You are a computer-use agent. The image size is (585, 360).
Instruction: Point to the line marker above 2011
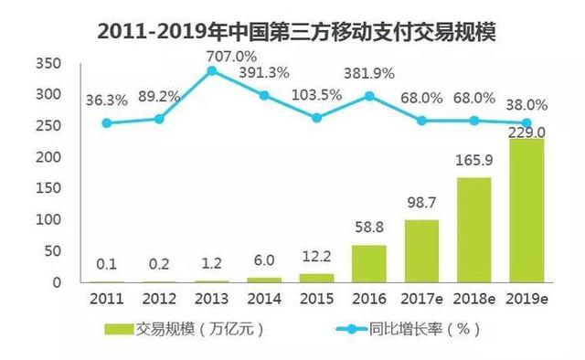click(x=108, y=122)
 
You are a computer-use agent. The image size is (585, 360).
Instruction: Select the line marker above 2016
click(x=368, y=95)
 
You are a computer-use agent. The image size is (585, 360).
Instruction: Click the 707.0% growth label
click(x=212, y=54)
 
